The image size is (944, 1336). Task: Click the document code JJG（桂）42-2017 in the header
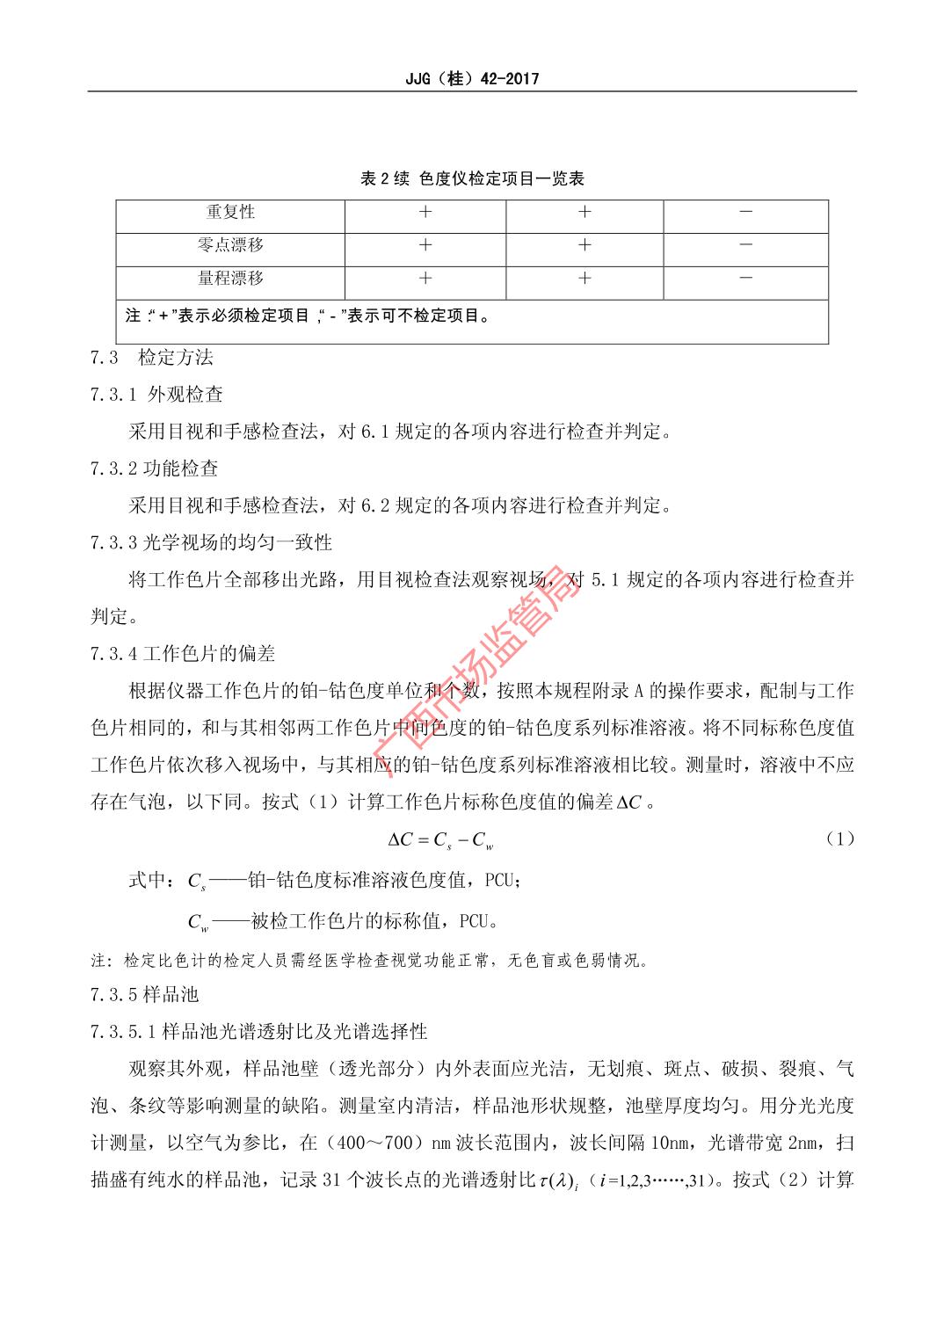tap(472, 78)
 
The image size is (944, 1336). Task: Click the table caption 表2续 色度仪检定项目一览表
tap(472, 178)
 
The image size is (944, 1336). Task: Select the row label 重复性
tap(230, 212)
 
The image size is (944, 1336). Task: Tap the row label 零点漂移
tap(230, 245)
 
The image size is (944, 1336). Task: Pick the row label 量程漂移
tap(230, 279)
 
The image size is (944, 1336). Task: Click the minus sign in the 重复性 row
tap(745, 212)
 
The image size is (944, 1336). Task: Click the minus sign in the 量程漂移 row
tap(745, 279)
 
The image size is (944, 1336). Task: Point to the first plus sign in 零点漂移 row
tap(425, 245)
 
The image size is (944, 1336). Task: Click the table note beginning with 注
tap(308, 316)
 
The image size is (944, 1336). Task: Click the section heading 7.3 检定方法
tap(151, 358)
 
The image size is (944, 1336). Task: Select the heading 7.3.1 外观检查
tap(156, 395)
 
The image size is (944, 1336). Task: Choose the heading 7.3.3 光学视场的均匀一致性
tap(211, 542)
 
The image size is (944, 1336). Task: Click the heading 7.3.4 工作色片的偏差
tap(183, 653)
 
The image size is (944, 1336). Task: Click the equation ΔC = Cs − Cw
tap(441, 840)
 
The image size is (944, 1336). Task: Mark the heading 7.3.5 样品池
tap(145, 994)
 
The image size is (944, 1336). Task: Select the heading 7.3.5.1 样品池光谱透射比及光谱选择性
tap(259, 1031)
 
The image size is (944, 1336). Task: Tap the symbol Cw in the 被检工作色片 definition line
tap(198, 923)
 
